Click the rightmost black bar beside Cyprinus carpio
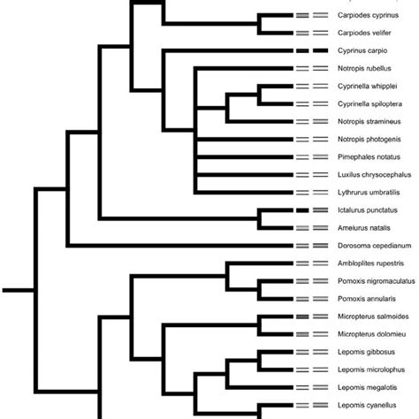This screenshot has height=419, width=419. [320, 51]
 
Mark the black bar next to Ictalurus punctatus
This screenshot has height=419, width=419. [302, 210]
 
